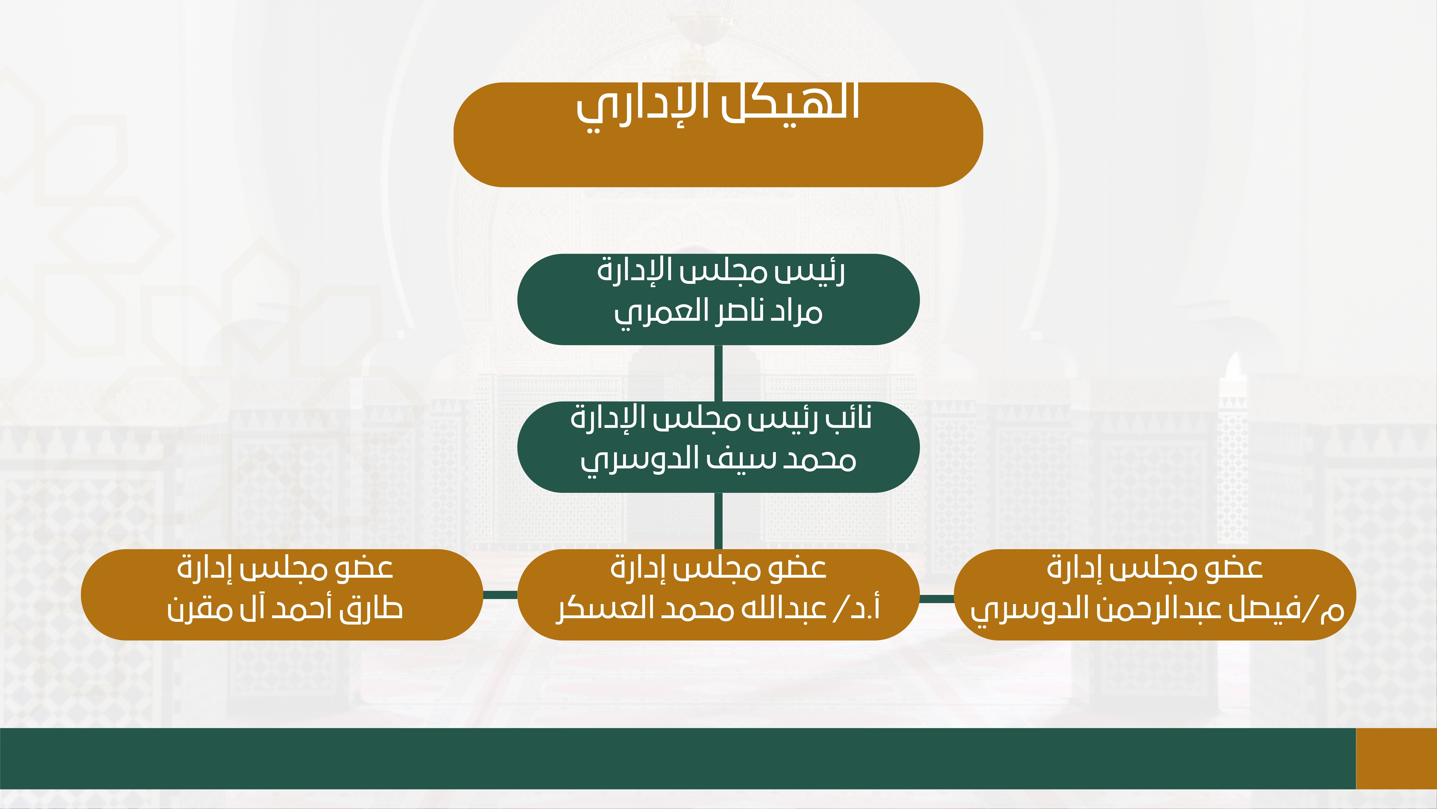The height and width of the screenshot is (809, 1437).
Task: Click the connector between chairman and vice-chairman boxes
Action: (x=718, y=373)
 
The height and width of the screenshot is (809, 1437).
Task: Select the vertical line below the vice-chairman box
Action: (x=718, y=521)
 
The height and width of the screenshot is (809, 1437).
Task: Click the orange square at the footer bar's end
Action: (x=1396, y=758)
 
